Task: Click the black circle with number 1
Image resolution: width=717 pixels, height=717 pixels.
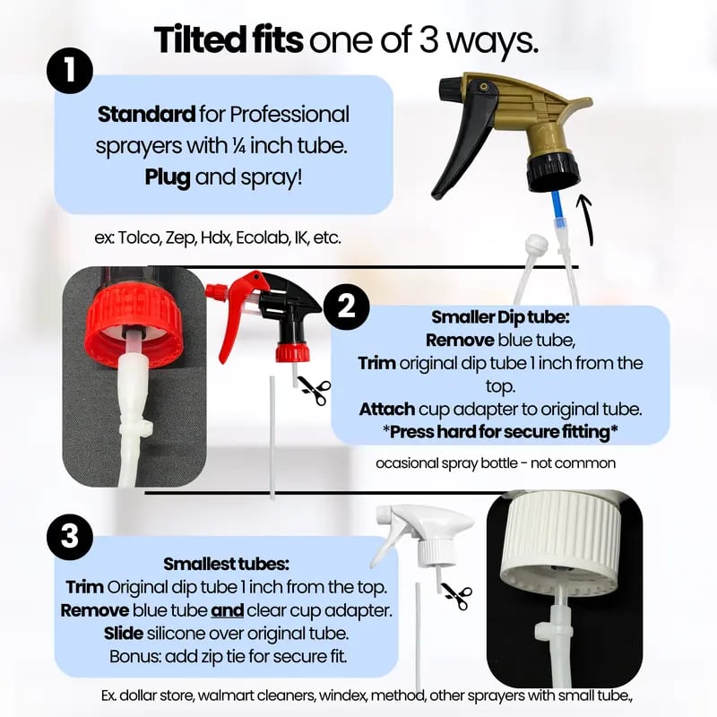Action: (70, 71)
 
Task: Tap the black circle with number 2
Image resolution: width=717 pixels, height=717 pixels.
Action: (346, 307)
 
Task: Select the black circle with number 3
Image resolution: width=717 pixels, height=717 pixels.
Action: (70, 536)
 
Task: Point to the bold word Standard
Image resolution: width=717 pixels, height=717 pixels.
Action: (146, 115)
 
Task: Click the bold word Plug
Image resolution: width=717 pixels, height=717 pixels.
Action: (168, 177)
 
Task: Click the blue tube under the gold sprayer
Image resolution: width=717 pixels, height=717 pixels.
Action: (557, 211)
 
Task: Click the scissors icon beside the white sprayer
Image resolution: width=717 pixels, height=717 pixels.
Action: (456, 596)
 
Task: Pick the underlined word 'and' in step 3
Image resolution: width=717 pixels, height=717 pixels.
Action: (227, 611)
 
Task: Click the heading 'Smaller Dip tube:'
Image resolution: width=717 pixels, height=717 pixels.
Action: (500, 317)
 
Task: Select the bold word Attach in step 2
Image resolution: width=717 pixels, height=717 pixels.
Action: (387, 410)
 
